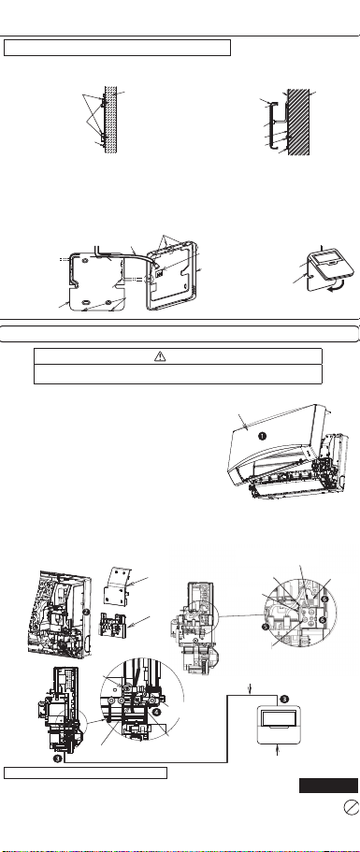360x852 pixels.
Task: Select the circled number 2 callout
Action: click(x=86, y=612)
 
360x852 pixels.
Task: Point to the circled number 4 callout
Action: click(x=156, y=712)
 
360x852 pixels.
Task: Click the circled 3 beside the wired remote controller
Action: click(x=283, y=699)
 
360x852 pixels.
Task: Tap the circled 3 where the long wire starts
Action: click(x=58, y=759)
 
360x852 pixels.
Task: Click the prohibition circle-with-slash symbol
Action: click(x=352, y=807)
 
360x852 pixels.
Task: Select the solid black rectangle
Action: click(x=328, y=786)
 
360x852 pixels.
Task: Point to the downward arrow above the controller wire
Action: click(x=250, y=688)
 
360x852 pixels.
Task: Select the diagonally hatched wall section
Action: click(x=298, y=123)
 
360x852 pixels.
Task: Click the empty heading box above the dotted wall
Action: click(x=117, y=48)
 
